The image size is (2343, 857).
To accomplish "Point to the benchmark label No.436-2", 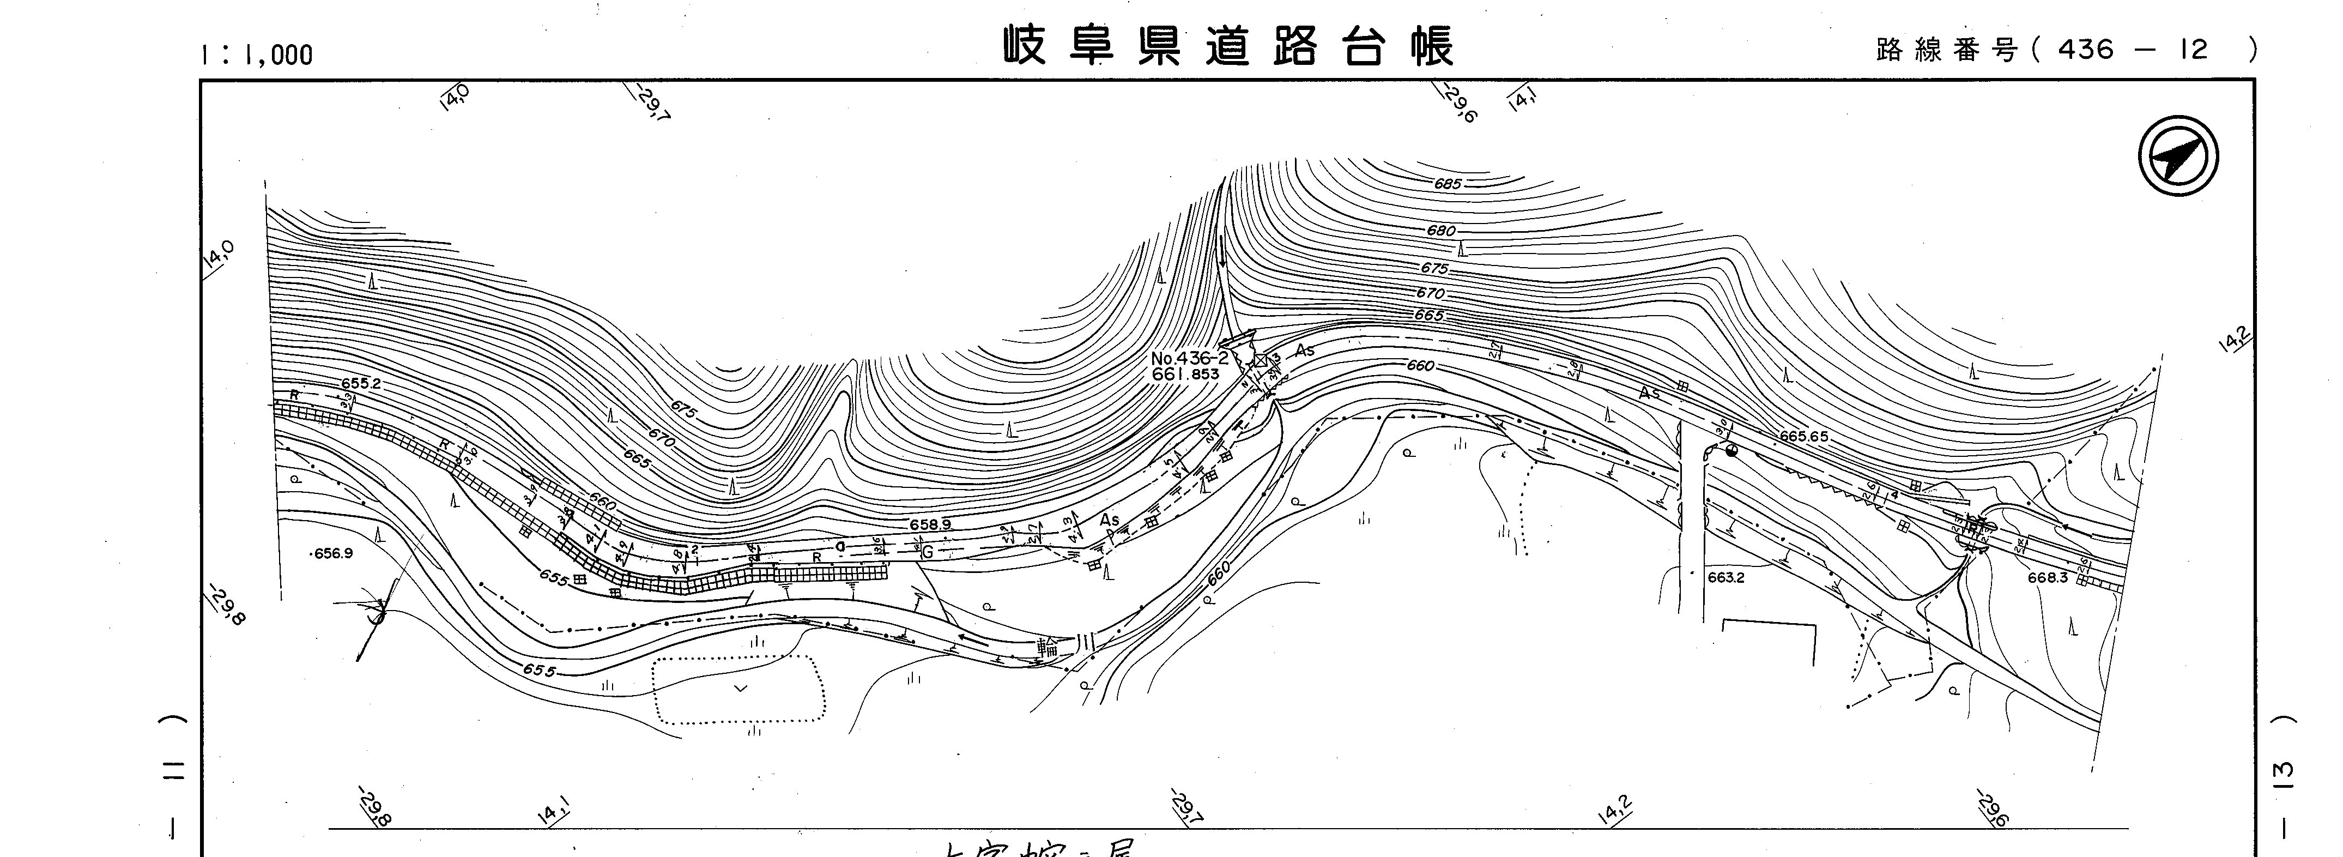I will (1189, 359).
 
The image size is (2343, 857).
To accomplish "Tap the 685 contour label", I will (1447, 184).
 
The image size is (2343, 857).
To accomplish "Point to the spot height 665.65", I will (1803, 437).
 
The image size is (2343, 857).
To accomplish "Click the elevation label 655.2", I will (361, 384).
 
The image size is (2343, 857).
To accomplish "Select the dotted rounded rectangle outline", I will (738, 690).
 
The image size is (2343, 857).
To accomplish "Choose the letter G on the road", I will (928, 551).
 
